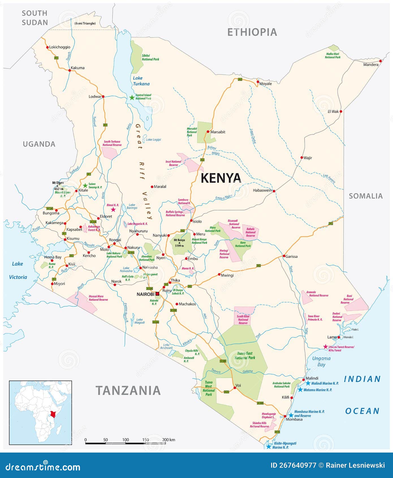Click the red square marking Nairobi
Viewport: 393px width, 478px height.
(157, 294)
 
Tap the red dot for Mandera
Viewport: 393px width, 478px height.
(381, 61)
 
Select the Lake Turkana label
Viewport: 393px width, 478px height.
(141, 81)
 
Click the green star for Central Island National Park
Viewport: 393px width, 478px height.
(132, 98)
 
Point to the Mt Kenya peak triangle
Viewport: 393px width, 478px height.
(179, 243)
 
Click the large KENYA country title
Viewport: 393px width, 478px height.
(221, 178)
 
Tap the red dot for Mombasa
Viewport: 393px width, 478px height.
(285, 416)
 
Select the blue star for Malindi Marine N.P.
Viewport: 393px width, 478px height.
(308, 383)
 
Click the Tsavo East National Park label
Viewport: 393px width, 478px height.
(245, 356)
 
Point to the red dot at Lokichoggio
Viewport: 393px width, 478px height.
(47, 47)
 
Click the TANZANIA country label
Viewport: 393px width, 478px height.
(128, 391)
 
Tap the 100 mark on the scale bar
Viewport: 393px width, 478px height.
(126, 440)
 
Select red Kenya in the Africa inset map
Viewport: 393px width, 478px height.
(53, 414)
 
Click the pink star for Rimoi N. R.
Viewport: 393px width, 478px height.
(113, 210)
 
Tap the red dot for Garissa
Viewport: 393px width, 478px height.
(284, 256)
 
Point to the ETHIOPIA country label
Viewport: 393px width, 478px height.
(252, 32)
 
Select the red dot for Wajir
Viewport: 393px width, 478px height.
(302, 158)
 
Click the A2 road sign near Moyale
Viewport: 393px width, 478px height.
(240, 79)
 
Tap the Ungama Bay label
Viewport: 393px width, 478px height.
(321, 361)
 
